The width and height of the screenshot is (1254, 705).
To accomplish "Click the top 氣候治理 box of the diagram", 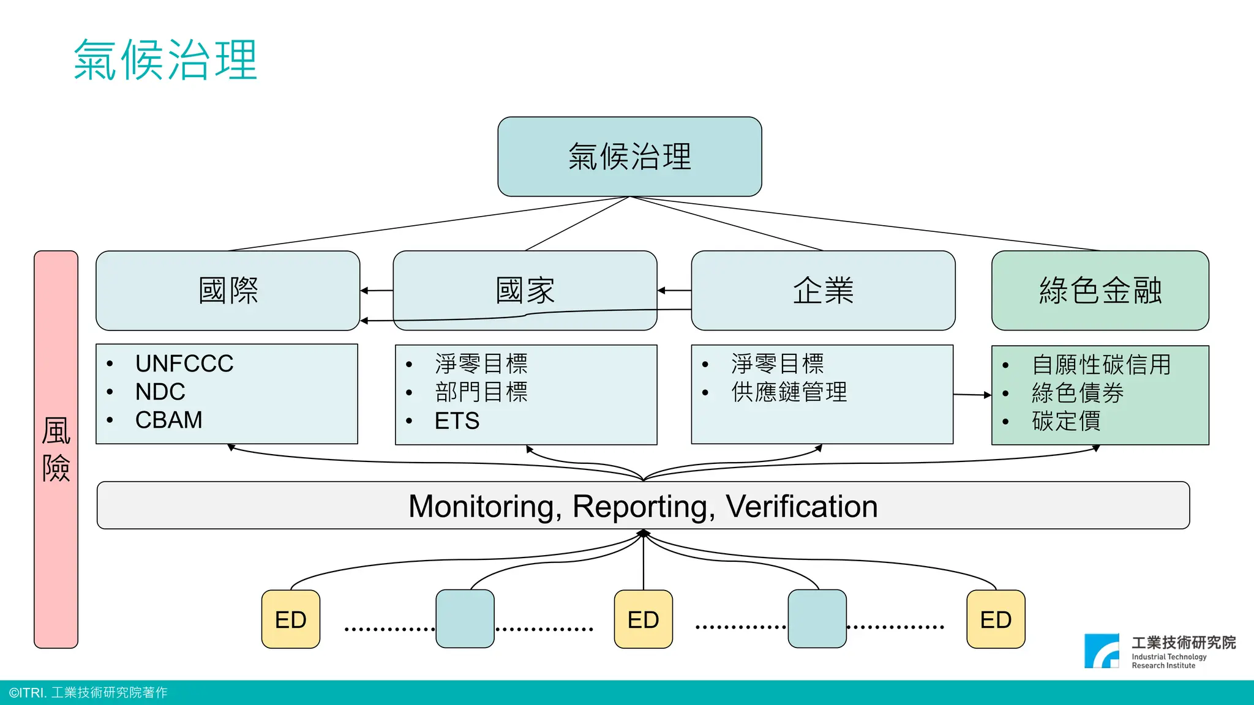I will (x=629, y=157).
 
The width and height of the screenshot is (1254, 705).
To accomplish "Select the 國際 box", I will (x=228, y=290).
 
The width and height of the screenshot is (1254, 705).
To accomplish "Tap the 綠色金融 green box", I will (x=1100, y=290).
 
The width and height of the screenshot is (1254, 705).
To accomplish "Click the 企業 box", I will (x=823, y=290).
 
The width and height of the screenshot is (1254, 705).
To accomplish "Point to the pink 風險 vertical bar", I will (x=56, y=449).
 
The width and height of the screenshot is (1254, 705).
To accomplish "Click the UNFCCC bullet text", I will (x=184, y=364).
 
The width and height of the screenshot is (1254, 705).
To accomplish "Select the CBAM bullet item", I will (x=168, y=420).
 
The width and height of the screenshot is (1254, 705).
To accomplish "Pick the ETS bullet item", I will (x=457, y=421).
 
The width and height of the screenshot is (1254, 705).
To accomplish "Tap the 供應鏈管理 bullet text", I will (x=789, y=392).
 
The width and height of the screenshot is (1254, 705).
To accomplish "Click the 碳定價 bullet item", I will (x=1065, y=421).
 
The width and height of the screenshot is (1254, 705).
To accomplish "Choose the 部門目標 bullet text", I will (x=481, y=392).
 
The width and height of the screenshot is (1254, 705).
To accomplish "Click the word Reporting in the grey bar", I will (x=643, y=507).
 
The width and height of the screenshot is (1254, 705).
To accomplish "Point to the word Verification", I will (x=801, y=507).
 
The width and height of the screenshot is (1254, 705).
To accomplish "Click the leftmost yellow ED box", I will (x=291, y=619).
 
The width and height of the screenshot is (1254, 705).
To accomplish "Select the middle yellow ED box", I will (x=643, y=619).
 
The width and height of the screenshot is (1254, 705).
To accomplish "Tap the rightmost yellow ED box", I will (x=996, y=619).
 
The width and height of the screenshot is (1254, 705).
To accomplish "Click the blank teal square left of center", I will (x=465, y=619).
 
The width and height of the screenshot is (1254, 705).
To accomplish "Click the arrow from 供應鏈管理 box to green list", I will (x=972, y=395).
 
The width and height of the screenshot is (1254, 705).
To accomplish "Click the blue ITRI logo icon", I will (x=1102, y=651).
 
